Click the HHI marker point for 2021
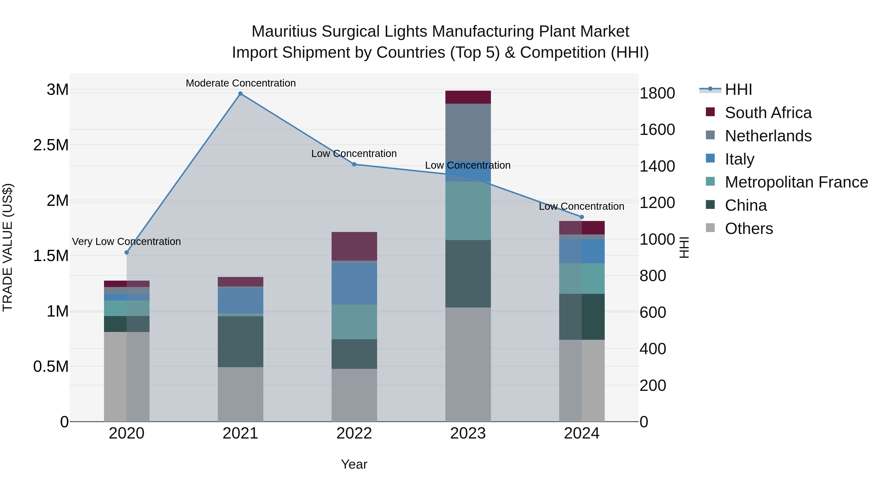tap(240, 94)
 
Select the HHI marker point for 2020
tap(127, 253)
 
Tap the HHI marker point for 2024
tap(582, 217)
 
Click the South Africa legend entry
tap(768, 113)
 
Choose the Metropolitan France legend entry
tap(796, 182)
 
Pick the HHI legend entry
tap(738, 89)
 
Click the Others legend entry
tap(749, 229)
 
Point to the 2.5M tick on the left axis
tap(51, 145)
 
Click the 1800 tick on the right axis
tap(657, 93)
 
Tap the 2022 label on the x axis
tap(354, 433)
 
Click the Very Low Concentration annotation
tap(126, 242)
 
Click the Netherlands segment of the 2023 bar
tap(468, 132)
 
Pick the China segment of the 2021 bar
tap(240, 342)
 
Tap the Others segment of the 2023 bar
tap(468, 364)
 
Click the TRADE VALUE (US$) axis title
tap(8, 247)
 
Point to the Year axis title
tap(354, 464)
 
